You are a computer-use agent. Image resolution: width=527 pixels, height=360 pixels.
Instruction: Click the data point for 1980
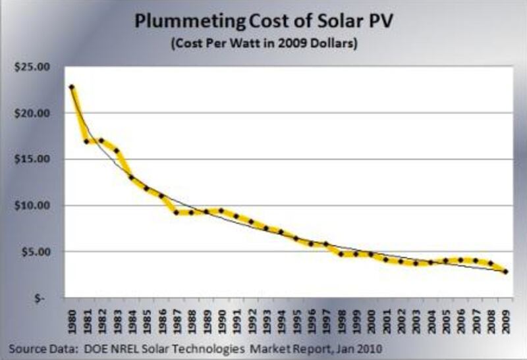71,87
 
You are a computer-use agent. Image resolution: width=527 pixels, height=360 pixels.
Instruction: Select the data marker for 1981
86,141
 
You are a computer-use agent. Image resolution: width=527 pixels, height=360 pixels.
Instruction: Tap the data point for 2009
505,271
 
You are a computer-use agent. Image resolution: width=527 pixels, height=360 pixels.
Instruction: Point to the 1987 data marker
176,212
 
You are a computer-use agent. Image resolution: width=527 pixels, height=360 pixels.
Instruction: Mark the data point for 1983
116,151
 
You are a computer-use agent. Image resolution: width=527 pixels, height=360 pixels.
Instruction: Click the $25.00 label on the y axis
32,67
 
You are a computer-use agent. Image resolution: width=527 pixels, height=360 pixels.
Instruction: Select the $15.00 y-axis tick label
32,159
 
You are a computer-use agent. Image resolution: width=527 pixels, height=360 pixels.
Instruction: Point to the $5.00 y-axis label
35,251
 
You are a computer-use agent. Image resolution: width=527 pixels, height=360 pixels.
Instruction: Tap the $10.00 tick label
32,205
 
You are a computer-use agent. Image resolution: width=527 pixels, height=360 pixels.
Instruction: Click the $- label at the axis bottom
42,297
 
